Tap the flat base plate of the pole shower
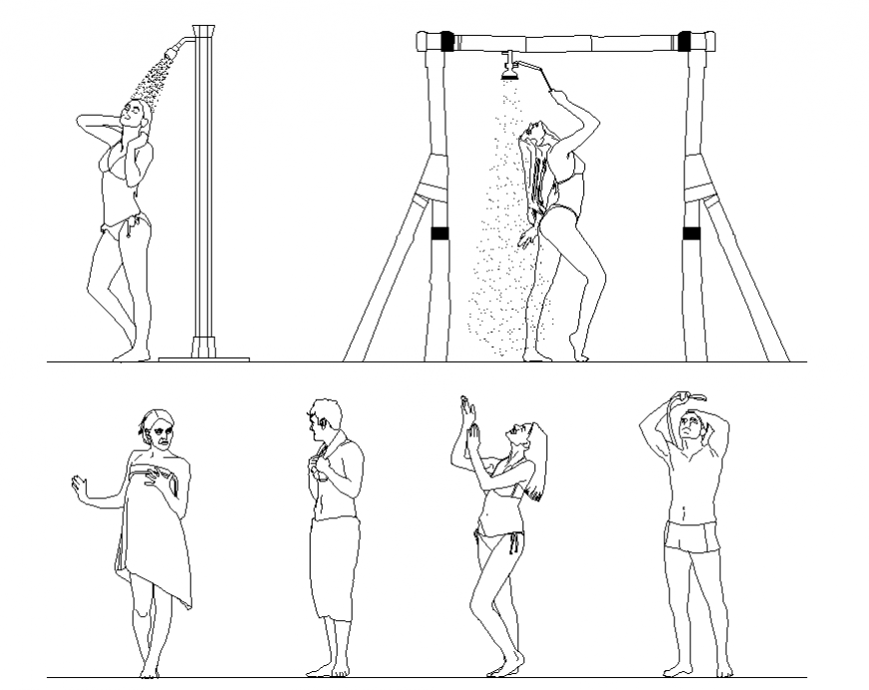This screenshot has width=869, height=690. pos(218,354)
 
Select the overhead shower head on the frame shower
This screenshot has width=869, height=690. pos(509,70)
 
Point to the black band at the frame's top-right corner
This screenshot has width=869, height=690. pos(686,42)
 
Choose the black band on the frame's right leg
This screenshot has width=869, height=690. pos(690,235)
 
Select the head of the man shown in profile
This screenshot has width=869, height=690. pos(324,419)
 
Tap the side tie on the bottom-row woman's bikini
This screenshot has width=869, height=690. pos(516,544)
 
